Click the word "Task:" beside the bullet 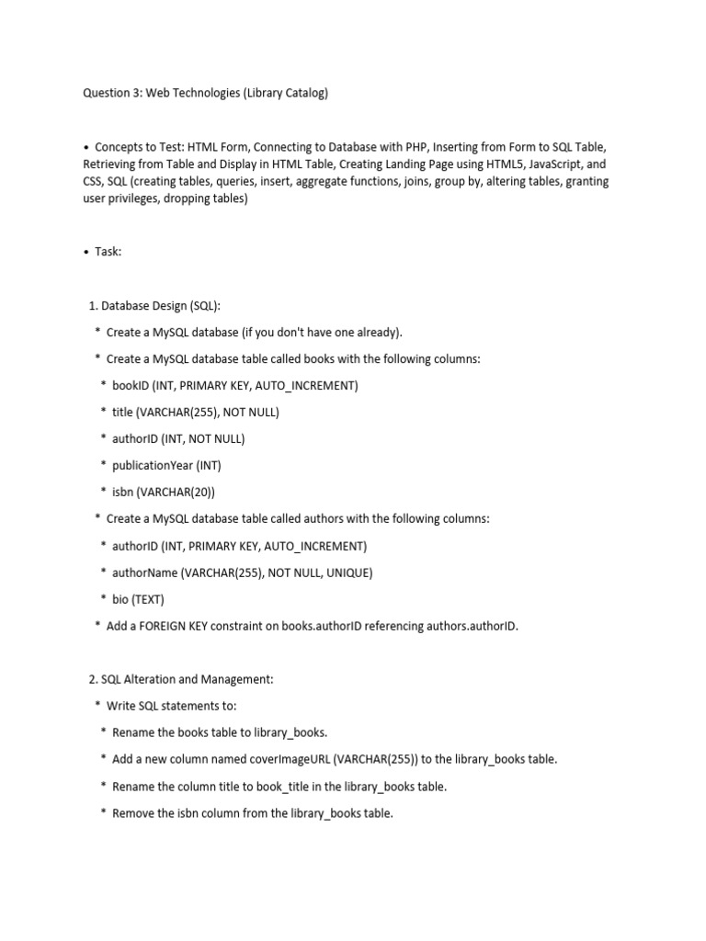[108, 252]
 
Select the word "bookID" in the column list [131, 385]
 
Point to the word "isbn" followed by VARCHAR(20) [122, 492]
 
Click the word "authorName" [144, 573]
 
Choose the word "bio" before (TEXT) [120, 599]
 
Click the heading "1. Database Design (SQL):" [154, 305]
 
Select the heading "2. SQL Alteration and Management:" [181, 679]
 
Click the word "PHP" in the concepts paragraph [413, 147]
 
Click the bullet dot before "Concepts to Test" [85, 147]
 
